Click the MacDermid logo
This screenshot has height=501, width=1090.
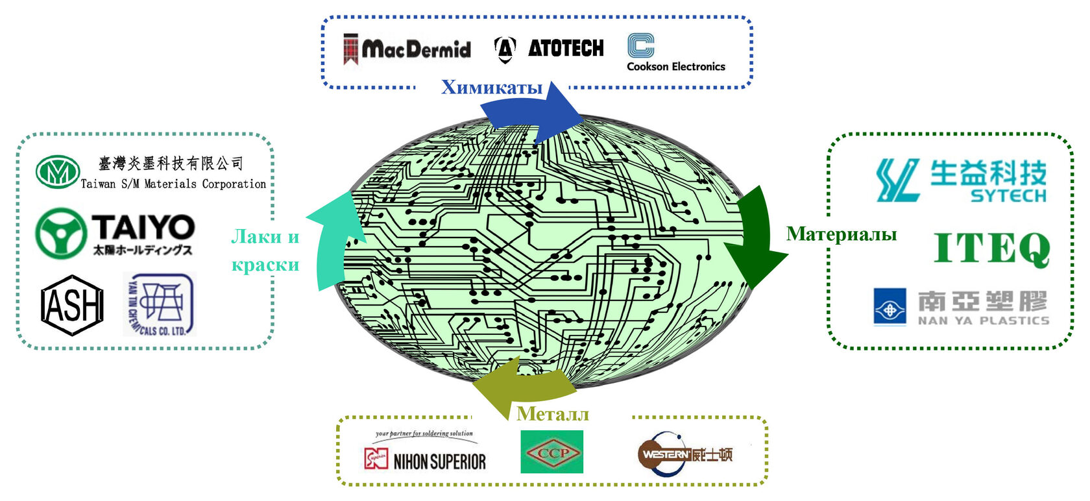407,49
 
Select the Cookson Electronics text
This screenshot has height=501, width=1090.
675,66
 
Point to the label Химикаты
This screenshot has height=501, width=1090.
491,87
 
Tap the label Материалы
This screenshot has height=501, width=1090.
842,234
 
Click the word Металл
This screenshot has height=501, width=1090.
553,413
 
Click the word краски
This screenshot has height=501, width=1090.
265,265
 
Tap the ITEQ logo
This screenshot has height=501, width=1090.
991,249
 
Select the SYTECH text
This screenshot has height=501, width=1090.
1008,195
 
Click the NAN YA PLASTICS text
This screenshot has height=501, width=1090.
983,321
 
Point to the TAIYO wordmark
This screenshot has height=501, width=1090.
143,227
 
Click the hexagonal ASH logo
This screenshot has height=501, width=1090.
72,305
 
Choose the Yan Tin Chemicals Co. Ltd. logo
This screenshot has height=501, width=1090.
159,304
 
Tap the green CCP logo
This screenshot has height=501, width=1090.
551,452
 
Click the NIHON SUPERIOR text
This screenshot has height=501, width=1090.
439,461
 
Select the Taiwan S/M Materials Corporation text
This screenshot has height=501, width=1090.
173,184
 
